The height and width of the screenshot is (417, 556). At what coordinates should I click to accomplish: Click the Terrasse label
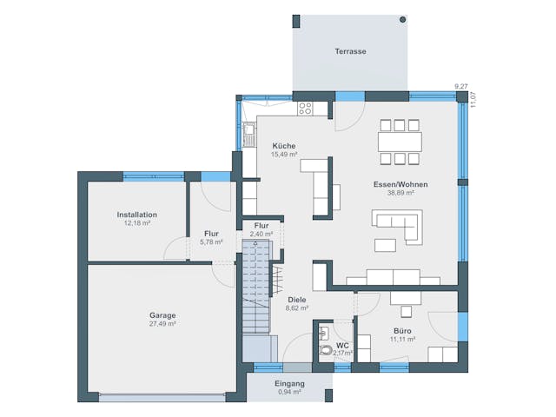coord(350,51)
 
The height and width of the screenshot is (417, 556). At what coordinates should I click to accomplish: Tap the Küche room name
coord(283,146)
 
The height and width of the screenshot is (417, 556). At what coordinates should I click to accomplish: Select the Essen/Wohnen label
coord(400,184)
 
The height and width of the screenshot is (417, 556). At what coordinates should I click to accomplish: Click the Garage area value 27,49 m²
coord(162,323)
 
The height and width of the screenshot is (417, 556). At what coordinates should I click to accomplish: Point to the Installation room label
coord(136,215)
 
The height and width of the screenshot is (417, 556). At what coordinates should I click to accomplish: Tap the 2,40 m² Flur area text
coord(261,234)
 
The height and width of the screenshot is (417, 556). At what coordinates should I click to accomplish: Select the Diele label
coord(297,299)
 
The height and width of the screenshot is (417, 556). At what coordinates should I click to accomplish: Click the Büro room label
coord(402,331)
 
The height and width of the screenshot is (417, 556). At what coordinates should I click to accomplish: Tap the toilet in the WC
coord(325,350)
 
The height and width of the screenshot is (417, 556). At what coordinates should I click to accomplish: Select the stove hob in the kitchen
coord(305,109)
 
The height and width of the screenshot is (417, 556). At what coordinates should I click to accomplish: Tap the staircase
coord(256,287)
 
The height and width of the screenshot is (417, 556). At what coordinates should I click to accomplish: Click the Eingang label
coord(289,383)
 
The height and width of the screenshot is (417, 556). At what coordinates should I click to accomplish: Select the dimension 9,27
coord(460,85)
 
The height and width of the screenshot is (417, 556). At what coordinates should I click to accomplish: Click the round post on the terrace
coord(402,19)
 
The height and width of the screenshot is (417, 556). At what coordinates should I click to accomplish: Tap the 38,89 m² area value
coord(400,193)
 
